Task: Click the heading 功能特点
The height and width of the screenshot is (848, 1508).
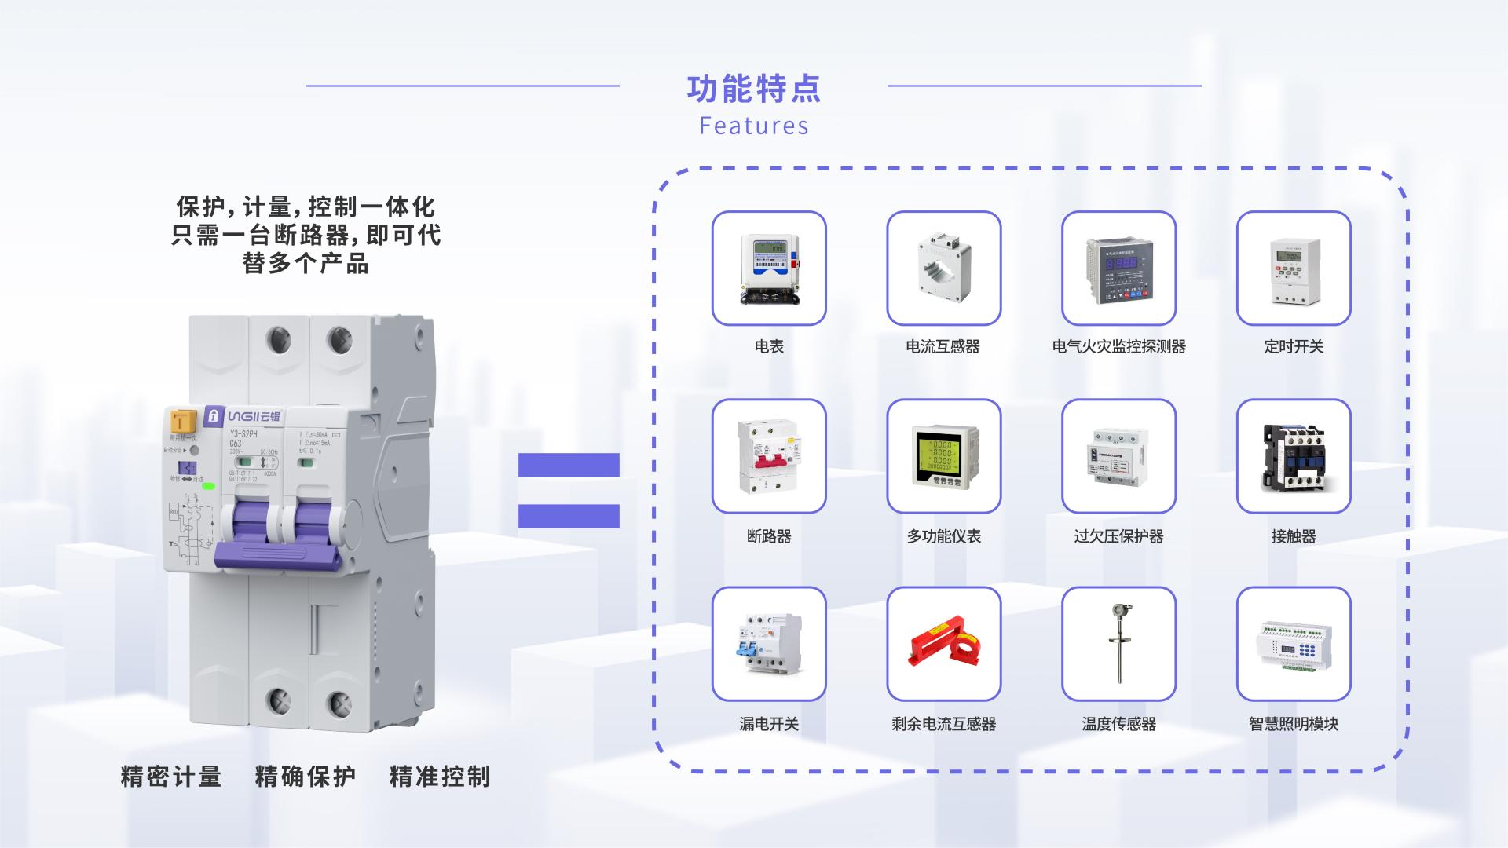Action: point(753,89)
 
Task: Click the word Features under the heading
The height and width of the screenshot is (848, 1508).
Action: point(753,126)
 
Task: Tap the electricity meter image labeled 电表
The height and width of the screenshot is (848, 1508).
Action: point(769,268)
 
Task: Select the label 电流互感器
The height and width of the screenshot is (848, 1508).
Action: point(942,346)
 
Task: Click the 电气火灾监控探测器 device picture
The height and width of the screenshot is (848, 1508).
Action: point(1118,268)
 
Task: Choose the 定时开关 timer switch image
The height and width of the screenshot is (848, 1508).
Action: point(1294,268)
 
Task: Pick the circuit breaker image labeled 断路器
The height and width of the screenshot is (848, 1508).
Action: point(769,456)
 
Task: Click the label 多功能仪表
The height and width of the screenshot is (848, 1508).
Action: point(943,536)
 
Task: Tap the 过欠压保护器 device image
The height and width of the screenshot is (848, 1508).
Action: point(1118,456)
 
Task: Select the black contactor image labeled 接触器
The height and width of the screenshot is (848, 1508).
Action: point(1294,456)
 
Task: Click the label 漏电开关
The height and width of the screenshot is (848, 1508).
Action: point(769,724)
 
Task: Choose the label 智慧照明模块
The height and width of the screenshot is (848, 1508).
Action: point(1294,724)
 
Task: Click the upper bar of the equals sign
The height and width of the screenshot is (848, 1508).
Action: point(569,465)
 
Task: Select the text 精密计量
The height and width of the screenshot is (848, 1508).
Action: point(171,777)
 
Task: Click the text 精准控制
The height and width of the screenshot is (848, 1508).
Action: point(440,777)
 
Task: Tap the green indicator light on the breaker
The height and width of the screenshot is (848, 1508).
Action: point(209,486)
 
